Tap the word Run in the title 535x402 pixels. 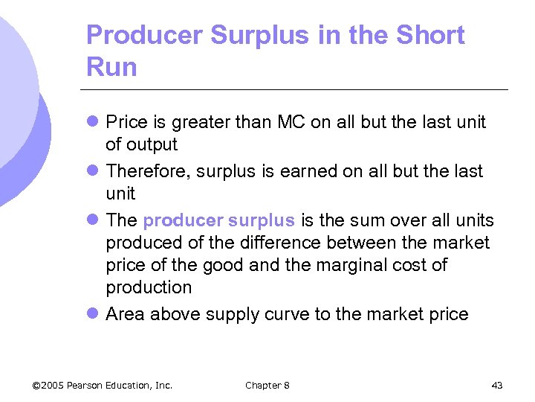point(111,67)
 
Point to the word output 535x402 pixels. point(152,144)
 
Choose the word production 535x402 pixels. point(149,287)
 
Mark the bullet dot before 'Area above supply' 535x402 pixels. point(92,314)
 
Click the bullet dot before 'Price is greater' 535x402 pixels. point(92,122)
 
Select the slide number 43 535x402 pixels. point(497,385)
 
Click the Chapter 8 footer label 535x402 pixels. point(267,385)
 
